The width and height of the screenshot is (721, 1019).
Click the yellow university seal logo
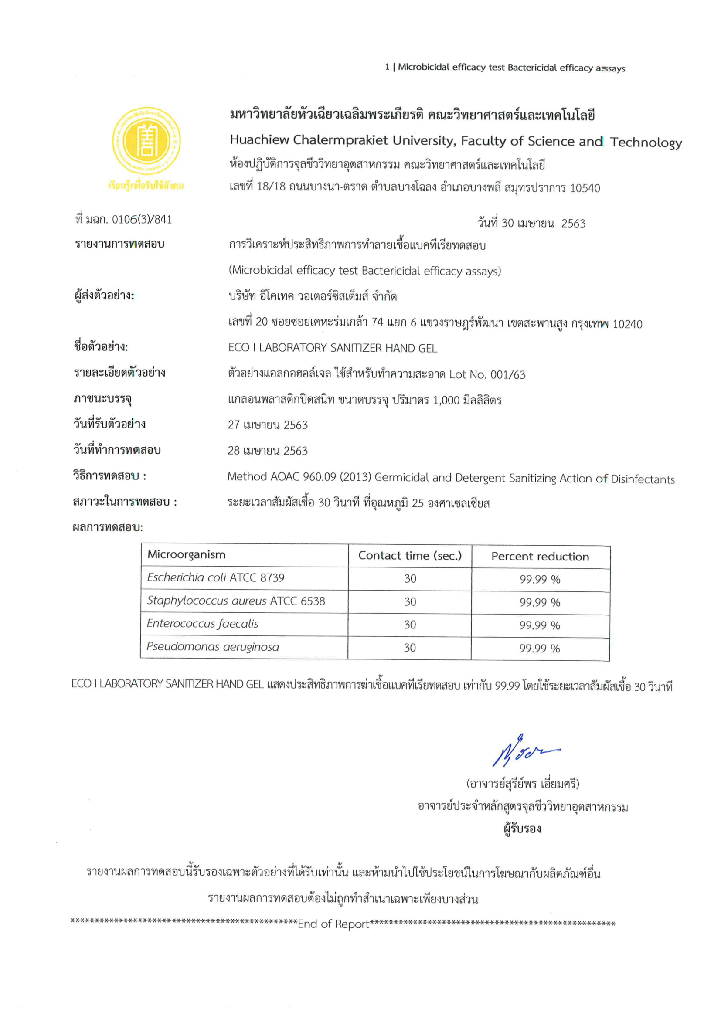146,141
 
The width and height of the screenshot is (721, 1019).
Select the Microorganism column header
187,555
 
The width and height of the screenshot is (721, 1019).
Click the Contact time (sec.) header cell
410,556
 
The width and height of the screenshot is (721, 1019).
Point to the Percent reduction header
540,557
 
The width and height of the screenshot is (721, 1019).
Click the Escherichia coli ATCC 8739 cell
216,577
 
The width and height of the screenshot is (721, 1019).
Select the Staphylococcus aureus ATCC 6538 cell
236,601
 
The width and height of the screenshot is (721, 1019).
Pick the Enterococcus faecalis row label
202,624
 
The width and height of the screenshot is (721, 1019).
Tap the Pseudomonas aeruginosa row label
213,647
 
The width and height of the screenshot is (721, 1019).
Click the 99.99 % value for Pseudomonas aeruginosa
539,649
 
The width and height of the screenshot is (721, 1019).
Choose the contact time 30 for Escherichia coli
410,579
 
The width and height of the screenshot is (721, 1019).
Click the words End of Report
333,924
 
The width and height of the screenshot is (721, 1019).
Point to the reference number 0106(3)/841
142,219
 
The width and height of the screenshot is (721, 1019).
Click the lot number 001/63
507,374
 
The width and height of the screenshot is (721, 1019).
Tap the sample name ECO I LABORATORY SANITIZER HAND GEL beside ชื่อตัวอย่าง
333,348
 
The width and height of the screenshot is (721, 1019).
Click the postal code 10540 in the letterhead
585,188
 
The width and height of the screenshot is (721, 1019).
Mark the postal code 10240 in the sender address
627,324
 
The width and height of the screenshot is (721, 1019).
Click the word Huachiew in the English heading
259,140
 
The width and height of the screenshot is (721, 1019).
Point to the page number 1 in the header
387,67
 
